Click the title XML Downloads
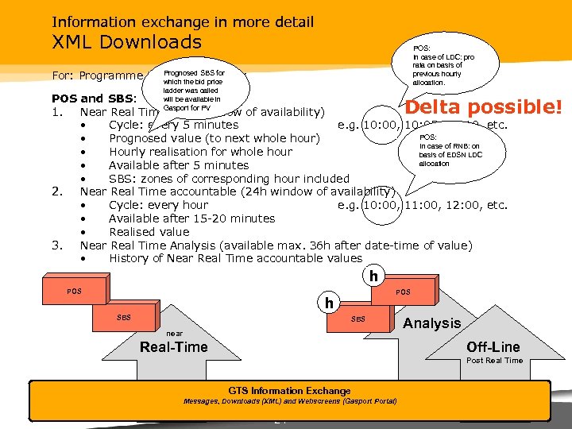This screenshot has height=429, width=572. (x=126, y=42)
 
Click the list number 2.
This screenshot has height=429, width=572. (x=56, y=191)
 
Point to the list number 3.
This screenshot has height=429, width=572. (x=56, y=245)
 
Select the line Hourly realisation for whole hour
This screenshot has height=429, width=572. (x=200, y=152)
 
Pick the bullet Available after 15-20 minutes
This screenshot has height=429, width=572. (x=191, y=218)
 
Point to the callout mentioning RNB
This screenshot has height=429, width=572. (x=450, y=150)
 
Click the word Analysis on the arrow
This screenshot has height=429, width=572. (x=431, y=323)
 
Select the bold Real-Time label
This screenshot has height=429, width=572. (x=173, y=347)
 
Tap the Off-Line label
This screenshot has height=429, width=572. (x=493, y=347)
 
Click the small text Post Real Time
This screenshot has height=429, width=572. (x=495, y=361)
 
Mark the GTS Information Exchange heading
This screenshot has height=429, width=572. (x=289, y=391)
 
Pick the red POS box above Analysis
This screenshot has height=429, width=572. (x=404, y=292)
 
